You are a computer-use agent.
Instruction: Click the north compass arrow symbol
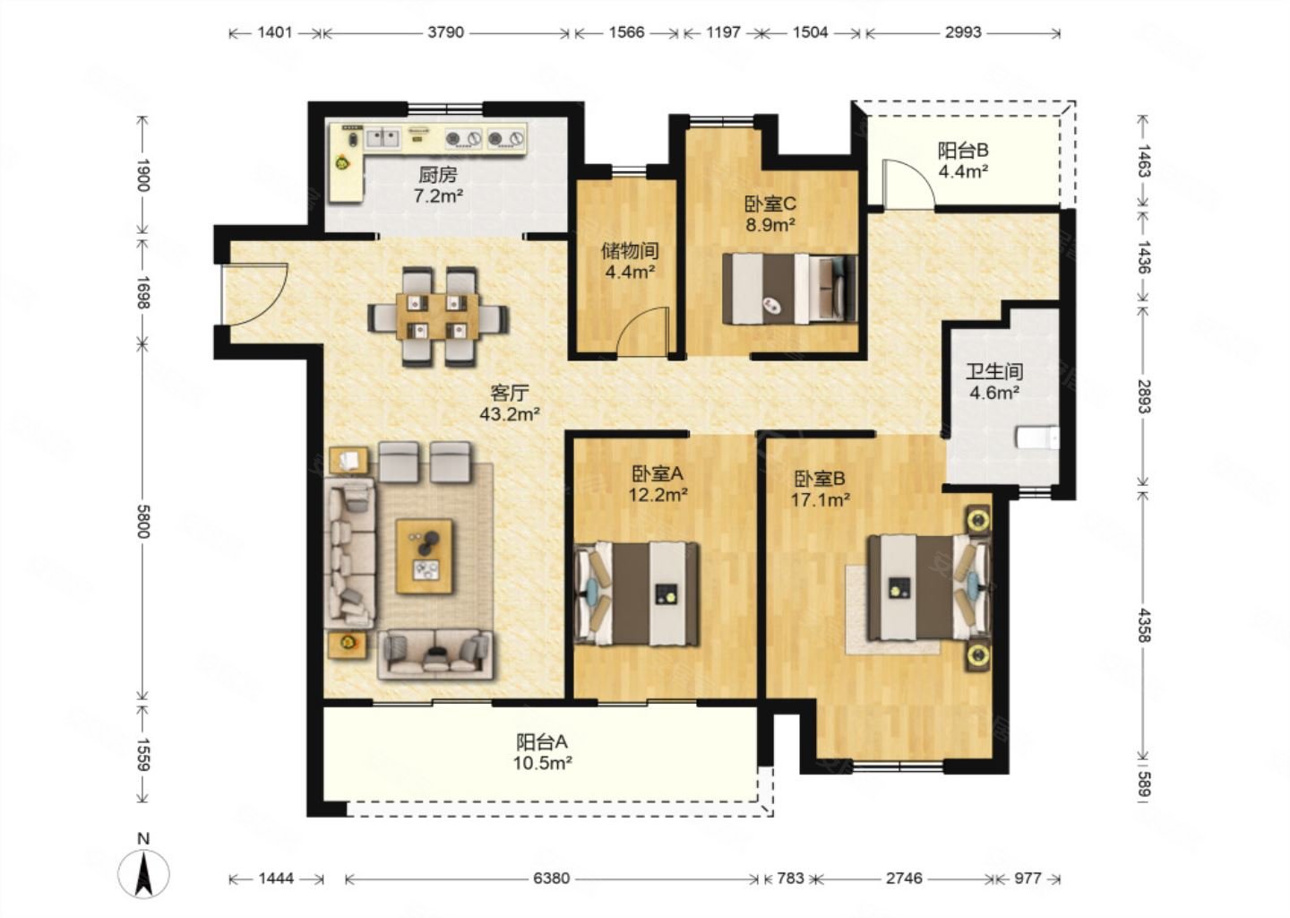click(x=142, y=872)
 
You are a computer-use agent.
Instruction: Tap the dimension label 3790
click(x=445, y=32)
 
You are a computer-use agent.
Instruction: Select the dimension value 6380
click(x=551, y=879)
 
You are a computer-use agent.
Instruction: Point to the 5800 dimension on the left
click(x=143, y=521)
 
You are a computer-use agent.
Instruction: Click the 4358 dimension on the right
click(x=1144, y=625)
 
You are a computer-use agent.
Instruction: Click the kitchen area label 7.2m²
click(x=438, y=196)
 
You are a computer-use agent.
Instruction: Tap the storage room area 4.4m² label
click(x=630, y=272)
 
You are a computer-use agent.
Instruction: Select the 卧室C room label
click(x=770, y=204)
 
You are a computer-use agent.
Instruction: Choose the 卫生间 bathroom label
click(x=994, y=372)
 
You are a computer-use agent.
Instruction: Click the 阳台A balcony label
click(x=542, y=741)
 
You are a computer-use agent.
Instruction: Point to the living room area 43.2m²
click(x=510, y=414)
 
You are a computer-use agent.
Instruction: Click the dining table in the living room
click(x=438, y=316)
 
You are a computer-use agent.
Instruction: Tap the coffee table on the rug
click(x=424, y=556)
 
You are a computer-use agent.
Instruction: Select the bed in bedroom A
click(x=637, y=593)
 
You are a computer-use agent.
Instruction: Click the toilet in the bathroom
click(x=1037, y=438)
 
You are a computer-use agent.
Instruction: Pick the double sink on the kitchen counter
click(x=383, y=138)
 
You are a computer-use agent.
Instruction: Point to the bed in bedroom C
click(x=790, y=289)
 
